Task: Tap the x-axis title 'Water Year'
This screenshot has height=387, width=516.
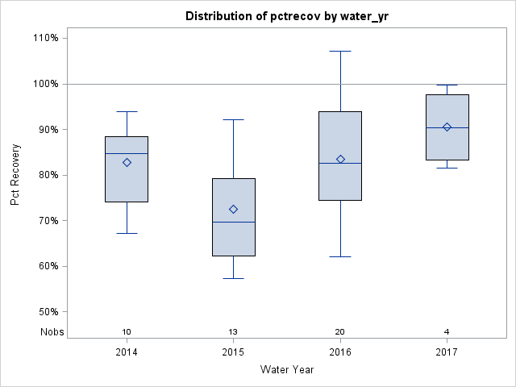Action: tap(286, 370)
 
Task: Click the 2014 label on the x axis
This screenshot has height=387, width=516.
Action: tap(127, 352)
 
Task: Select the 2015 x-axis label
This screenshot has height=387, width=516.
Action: tap(233, 352)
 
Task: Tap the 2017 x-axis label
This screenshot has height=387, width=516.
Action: tap(447, 352)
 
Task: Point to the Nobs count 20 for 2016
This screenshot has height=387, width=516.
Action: tap(340, 332)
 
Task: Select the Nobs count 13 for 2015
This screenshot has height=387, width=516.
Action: tap(233, 332)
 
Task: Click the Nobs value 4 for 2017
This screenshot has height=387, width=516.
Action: tap(447, 332)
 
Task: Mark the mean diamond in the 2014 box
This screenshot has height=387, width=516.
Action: tap(127, 162)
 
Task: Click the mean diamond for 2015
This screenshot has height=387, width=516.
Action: tap(233, 209)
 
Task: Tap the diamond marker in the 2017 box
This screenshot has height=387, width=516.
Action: tap(447, 127)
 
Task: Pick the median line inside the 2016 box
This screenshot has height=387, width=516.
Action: tap(340, 163)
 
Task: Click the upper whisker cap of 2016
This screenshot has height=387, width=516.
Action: tap(340, 51)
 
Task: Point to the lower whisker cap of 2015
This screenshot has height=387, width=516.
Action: tap(233, 278)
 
